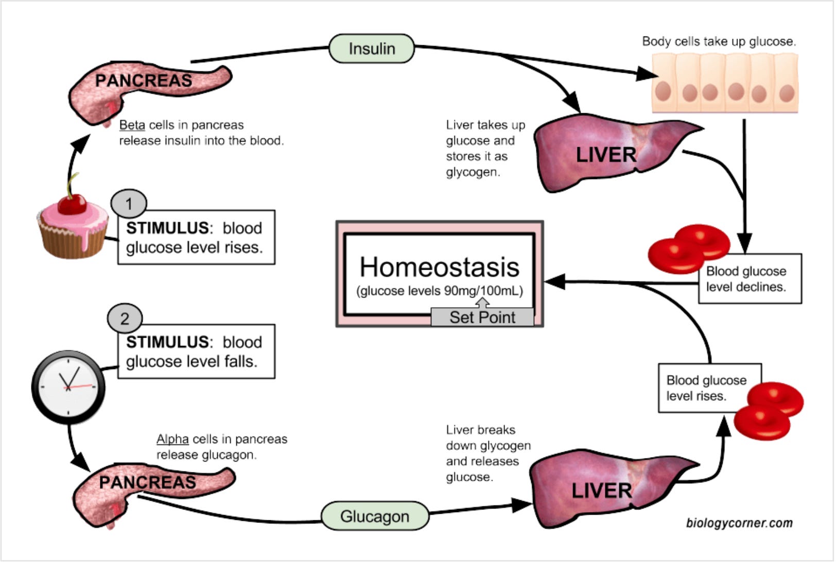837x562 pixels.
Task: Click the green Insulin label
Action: (372, 48)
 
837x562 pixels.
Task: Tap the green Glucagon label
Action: (375, 516)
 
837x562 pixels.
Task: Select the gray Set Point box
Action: (482, 317)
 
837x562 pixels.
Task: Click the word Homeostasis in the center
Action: (440, 267)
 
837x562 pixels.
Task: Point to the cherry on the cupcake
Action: (72, 204)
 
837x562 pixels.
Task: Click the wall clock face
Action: (68, 387)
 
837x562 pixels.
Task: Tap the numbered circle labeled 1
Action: (129, 204)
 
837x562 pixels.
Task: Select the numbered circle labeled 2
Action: (125, 318)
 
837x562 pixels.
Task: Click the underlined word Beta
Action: (132, 125)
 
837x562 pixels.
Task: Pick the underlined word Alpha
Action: (172, 439)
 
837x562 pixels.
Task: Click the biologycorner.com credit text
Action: (740, 523)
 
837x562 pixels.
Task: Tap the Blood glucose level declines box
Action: (750, 279)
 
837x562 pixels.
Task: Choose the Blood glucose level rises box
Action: (709, 388)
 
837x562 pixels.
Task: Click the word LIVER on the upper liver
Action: (606, 155)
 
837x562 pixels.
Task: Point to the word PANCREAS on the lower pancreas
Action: (148, 482)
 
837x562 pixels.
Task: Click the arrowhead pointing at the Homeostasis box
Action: (554, 282)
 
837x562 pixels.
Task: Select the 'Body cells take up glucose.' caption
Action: (719, 41)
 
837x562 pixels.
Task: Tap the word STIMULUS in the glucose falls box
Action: (167, 342)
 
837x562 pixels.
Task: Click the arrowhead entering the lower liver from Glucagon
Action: (522, 505)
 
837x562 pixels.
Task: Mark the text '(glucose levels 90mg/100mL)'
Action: (440, 291)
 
